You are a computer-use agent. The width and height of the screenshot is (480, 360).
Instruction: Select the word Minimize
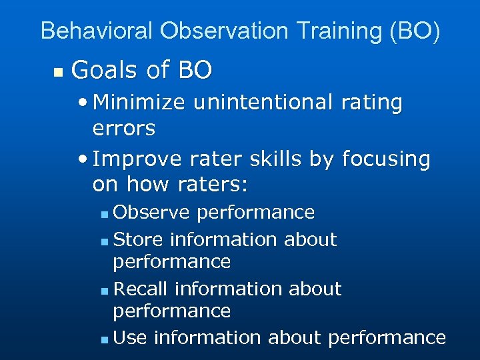coord(141,103)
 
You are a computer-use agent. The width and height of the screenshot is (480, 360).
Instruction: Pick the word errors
coord(124,127)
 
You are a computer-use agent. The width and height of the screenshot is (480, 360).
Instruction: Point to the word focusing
coord(386,159)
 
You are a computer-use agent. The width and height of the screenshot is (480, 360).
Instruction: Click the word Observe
coord(152,212)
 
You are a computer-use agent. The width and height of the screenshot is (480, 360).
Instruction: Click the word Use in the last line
coord(130,337)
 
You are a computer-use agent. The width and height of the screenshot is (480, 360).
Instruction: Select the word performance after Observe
coord(256,212)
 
